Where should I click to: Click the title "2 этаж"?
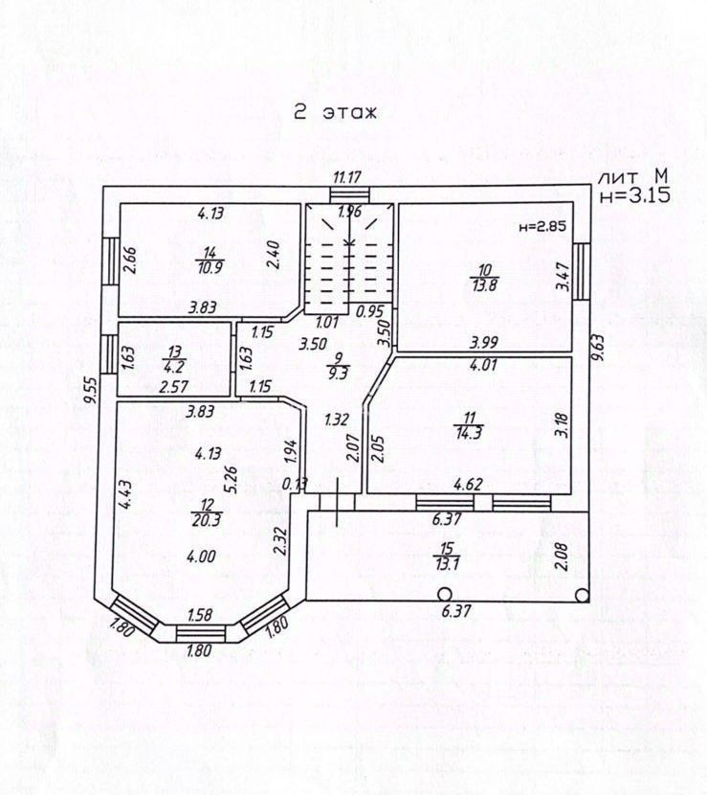[x=336, y=112]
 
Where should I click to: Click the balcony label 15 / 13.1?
[x=446, y=556]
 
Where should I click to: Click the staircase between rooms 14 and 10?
[x=348, y=259]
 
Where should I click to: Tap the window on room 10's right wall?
[x=581, y=271]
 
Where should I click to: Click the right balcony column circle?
[x=581, y=594]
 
